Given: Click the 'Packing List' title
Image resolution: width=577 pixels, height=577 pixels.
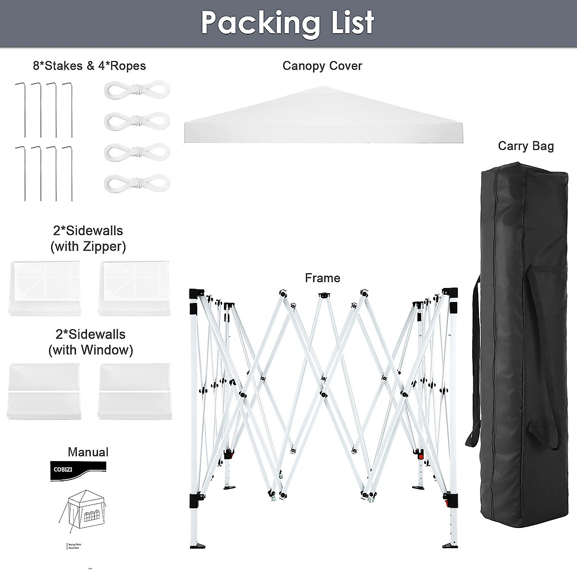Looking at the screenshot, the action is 288,22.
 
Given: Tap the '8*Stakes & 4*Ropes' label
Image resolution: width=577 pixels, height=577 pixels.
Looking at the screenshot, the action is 89,66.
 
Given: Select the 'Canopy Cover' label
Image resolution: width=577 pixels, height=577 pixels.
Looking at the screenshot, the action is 322,66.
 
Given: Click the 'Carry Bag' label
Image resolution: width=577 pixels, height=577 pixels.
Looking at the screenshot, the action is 526,146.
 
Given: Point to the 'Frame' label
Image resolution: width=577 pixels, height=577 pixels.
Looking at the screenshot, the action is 322,278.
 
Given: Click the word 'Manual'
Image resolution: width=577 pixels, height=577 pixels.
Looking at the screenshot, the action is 88,452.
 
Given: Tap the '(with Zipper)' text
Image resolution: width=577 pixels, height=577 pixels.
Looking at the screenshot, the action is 88,247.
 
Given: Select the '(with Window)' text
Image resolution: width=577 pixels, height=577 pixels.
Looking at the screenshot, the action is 90,350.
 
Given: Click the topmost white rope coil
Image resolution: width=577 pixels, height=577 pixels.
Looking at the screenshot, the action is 137,89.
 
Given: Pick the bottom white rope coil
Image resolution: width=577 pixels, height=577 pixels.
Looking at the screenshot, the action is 137,182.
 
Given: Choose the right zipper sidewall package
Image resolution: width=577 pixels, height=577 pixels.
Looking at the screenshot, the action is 133,288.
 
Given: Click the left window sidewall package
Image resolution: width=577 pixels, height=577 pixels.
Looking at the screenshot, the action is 43,391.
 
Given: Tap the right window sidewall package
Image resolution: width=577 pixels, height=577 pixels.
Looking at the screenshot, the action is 134,391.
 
